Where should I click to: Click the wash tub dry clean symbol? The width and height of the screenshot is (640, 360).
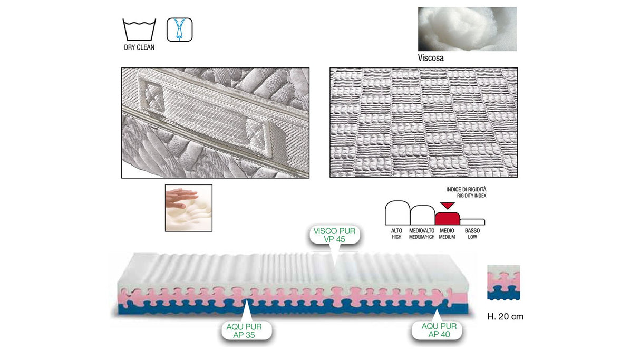point(139,30)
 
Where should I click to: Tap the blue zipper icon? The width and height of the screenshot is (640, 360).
point(179,30)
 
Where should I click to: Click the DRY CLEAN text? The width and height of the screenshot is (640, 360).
point(139,47)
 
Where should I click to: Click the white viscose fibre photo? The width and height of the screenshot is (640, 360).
point(467,29)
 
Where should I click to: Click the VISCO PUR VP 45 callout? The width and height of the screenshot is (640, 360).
point(334,235)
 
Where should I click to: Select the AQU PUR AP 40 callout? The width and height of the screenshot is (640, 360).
point(439,330)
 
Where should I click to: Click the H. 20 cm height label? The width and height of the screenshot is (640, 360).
point(505,317)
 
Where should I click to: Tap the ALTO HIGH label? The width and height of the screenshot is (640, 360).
point(396,233)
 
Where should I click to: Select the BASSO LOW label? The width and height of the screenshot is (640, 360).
point(472,233)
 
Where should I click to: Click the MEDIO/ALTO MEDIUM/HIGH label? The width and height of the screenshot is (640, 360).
point(422,233)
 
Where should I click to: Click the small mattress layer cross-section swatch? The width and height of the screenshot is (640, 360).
point(503,283)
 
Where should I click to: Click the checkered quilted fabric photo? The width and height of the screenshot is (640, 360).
point(423,122)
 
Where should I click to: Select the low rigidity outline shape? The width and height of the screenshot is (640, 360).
point(473,221)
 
